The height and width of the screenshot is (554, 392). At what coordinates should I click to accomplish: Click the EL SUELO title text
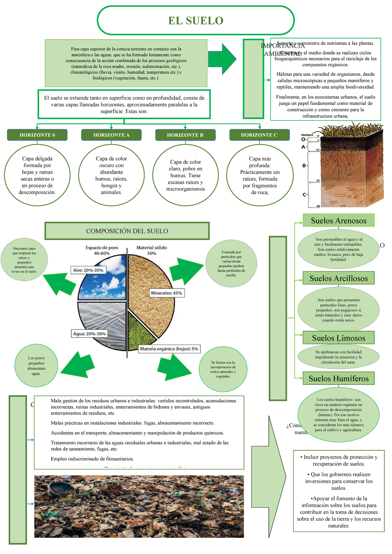(196, 21)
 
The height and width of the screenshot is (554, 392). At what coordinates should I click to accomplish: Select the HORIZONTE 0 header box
(37, 135)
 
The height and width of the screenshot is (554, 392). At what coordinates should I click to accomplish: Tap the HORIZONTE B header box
(185, 135)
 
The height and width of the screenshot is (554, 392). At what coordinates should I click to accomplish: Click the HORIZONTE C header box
(259, 135)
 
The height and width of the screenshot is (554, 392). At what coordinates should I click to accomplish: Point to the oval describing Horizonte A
(111, 175)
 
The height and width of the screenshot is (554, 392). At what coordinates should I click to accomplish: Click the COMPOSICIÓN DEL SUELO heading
(127, 231)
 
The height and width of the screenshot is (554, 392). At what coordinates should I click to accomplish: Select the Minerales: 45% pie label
(167, 293)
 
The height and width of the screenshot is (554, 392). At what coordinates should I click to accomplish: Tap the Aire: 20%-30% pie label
(88, 270)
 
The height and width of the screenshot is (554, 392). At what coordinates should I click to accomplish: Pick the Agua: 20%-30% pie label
(90, 334)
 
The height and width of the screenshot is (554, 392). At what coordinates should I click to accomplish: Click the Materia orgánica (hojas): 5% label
(169, 349)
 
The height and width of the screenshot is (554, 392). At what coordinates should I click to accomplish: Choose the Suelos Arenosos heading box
(338, 221)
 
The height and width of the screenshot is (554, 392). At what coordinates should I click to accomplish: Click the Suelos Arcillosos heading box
(338, 278)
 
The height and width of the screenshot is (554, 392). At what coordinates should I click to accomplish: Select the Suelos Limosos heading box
(338, 338)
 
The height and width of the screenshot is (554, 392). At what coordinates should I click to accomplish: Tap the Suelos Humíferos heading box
(338, 379)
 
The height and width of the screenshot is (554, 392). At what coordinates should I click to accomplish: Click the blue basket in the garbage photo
(57, 489)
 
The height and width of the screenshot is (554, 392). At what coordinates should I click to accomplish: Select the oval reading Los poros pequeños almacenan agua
(37, 366)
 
